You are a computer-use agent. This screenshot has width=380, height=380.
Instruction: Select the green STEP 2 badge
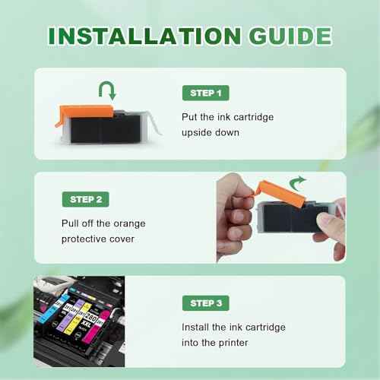point(84,199)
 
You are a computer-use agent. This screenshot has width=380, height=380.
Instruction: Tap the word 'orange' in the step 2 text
point(128,223)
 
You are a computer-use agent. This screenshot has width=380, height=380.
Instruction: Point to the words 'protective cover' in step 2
point(99,239)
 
